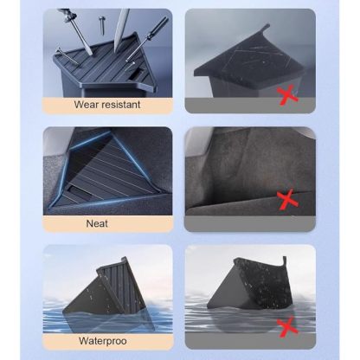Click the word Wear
[82, 105]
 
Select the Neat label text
[97, 223]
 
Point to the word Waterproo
[103, 341]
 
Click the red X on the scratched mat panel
[287, 94]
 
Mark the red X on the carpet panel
[287, 199]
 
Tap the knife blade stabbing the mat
[121, 30]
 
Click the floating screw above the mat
[101, 24]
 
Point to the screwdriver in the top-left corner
[75, 30]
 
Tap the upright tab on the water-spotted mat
[285, 261]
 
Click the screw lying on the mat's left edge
[67, 56]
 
